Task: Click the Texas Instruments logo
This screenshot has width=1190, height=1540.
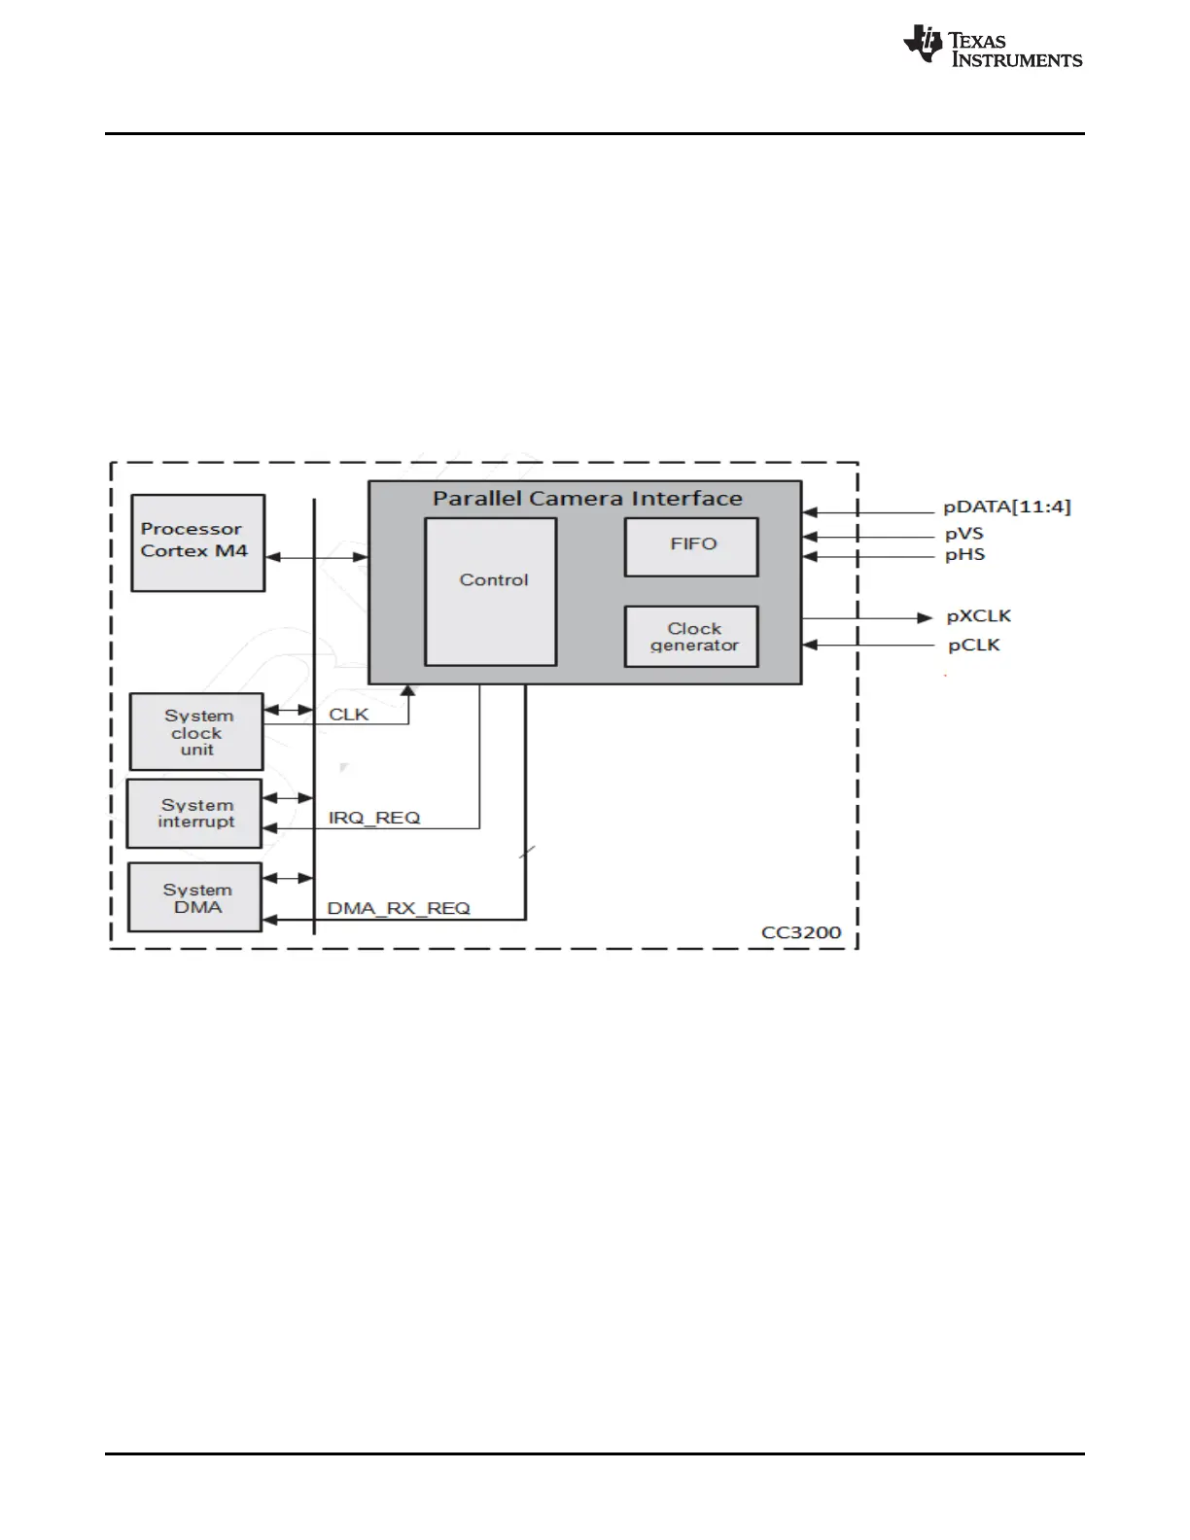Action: click(x=992, y=47)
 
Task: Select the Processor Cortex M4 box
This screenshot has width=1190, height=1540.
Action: click(x=197, y=542)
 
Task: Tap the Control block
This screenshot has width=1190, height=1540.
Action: click(x=491, y=591)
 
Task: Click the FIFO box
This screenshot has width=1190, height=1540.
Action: click(x=691, y=546)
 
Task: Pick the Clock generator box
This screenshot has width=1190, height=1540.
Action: click(x=691, y=637)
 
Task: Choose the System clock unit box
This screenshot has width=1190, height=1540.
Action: click(x=196, y=732)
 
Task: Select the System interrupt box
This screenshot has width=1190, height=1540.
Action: click(x=194, y=814)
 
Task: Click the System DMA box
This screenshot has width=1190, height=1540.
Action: click(x=195, y=897)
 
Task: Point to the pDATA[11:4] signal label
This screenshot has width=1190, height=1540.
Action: click(x=1006, y=507)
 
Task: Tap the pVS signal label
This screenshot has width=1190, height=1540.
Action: click(x=963, y=534)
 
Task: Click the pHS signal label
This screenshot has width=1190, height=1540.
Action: click(x=964, y=555)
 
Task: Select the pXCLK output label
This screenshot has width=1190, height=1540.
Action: click(x=978, y=616)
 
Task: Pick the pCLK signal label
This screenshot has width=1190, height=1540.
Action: click(x=973, y=646)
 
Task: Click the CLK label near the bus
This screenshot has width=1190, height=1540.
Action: click(x=348, y=715)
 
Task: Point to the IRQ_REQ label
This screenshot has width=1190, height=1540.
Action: click(x=374, y=818)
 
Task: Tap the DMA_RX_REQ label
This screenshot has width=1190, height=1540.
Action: click(x=399, y=908)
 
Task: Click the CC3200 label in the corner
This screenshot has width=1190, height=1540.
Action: click(x=800, y=932)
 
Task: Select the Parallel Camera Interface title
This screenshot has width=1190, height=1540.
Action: click(x=587, y=499)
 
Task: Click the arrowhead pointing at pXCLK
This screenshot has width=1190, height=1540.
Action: click(x=926, y=617)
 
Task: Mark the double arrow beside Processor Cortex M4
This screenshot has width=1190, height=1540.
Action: click(x=316, y=557)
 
